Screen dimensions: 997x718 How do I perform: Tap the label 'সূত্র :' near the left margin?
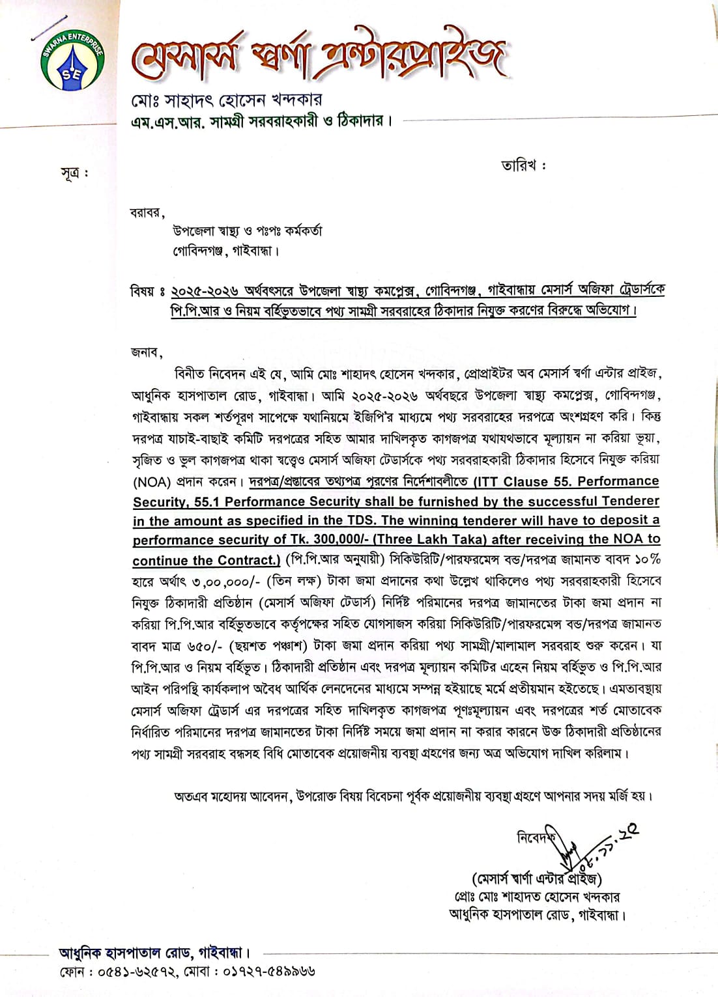(x=74, y=173)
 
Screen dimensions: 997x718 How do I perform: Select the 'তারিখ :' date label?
(x=523, y=165)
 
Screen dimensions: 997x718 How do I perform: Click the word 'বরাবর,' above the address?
(x=148, y=212)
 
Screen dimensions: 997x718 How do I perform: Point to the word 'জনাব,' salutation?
(x=147, y=352)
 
